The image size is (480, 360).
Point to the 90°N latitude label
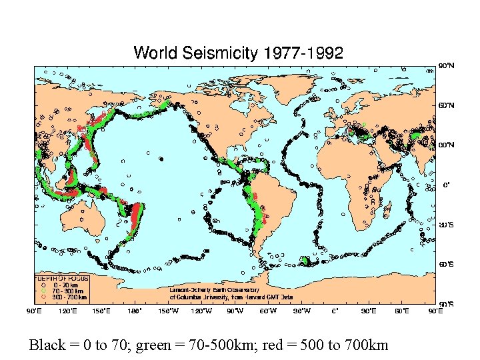point(446,65)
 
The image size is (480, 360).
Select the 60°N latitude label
point(446,105)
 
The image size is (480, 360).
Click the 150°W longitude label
point(168,310)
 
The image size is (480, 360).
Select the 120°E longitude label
point(67,310)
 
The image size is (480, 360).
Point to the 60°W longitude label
point(268,310)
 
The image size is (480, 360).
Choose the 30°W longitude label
point(301,310)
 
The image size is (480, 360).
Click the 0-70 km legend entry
point(62,285)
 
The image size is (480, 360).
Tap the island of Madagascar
point(387,209)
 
